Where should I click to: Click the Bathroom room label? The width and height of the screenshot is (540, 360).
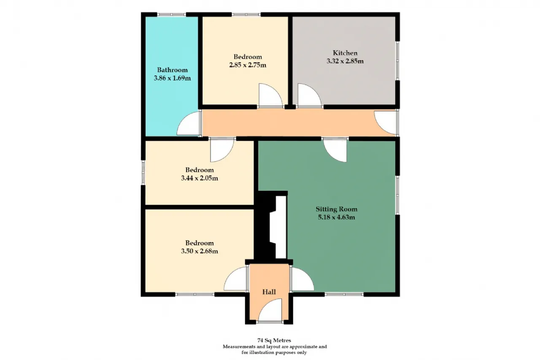(x=173, y=70)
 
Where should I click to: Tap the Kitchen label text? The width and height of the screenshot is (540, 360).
(x=345, y=53)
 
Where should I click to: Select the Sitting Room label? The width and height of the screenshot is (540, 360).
(x=337, y=209)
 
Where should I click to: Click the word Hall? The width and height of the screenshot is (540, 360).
(x=269, y=292)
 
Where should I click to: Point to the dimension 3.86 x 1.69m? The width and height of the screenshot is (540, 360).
(x=173, y=78)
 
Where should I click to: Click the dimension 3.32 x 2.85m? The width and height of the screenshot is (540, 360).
(x=345, y=61)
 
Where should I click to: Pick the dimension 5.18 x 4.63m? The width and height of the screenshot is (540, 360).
(x=337, y=217)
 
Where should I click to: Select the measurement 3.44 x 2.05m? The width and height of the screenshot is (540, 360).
(x=200, y=178)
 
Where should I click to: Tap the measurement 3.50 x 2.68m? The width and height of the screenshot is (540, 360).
(x=200, y=251)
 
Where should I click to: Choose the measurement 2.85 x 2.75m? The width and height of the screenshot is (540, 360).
(x=248, y=65)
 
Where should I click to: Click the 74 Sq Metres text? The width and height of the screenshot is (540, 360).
(x=274, y=340)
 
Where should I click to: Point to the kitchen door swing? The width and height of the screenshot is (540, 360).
(x=310, y=95)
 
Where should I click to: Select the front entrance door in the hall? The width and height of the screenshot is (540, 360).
(x=270, y=310)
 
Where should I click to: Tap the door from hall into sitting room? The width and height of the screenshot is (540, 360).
(x=302, y=279)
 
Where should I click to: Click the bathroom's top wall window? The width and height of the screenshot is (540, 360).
(x=172, y=14)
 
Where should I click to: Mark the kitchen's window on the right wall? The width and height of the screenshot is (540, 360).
(x=397, y=60)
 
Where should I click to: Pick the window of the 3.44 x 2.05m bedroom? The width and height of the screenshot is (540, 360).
(x=143, y=172)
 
